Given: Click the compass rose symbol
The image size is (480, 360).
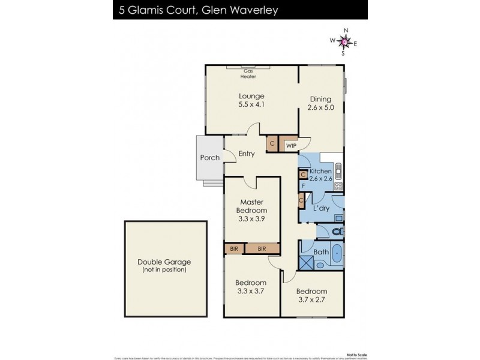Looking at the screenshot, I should click(344, 41).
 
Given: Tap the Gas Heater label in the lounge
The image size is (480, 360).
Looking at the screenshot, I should click(248, 74).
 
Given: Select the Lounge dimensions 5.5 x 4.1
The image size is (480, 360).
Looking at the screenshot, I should click(251, 104).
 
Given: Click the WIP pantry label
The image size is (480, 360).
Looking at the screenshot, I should click(291, 145).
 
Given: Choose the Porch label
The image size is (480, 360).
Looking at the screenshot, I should click(209, 158).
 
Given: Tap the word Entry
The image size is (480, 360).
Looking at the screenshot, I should click(247, 154).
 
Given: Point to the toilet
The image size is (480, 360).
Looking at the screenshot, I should click(337, 230).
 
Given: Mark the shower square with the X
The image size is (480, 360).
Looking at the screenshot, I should click(307, 263).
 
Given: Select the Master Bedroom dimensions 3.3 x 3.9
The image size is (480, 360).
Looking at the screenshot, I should click(251, 219).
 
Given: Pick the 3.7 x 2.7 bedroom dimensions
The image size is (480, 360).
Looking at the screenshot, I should click(311, 299).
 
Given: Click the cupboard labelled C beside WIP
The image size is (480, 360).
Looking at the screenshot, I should click(272, 144).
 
